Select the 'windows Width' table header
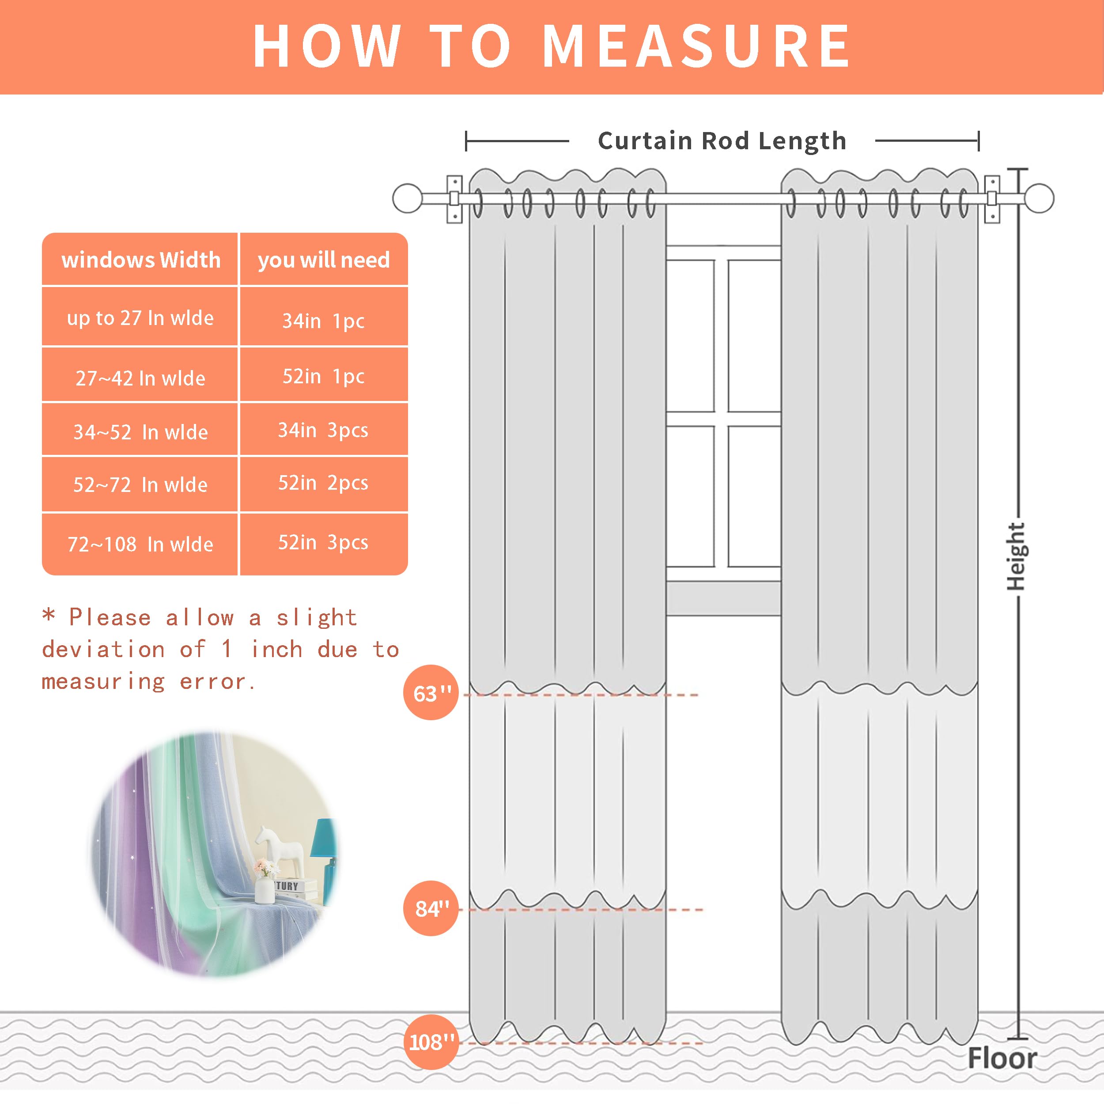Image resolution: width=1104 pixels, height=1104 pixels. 140,260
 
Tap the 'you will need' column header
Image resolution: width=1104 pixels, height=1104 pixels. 323,260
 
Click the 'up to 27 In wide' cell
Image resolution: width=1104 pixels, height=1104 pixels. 140,318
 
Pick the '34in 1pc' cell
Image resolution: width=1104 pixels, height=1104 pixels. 323,321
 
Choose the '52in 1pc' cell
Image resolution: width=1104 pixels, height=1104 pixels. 323,376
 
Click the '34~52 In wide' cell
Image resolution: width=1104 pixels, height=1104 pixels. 140,432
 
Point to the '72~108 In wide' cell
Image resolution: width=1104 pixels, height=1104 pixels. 140,544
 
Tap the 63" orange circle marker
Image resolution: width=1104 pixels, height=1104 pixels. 431,692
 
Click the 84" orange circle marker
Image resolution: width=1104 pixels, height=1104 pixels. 431,908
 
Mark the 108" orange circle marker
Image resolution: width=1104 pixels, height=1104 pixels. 431,1042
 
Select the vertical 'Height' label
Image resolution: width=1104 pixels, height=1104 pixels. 1015,556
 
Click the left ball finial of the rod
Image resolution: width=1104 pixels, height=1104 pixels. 408,198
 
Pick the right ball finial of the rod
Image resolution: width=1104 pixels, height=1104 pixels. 1039,198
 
